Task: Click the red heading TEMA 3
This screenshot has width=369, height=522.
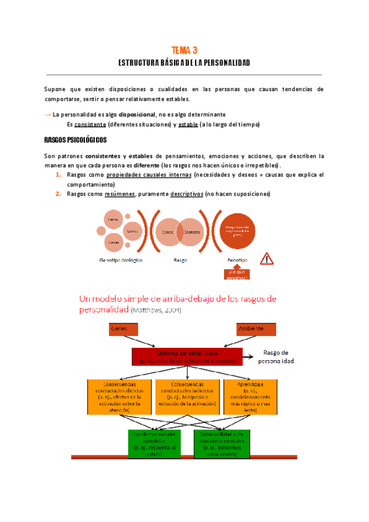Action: click(x=184, y=50)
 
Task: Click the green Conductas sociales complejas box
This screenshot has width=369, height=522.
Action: click(x=151, y=441)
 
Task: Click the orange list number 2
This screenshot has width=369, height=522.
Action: click(x=57, y=195)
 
